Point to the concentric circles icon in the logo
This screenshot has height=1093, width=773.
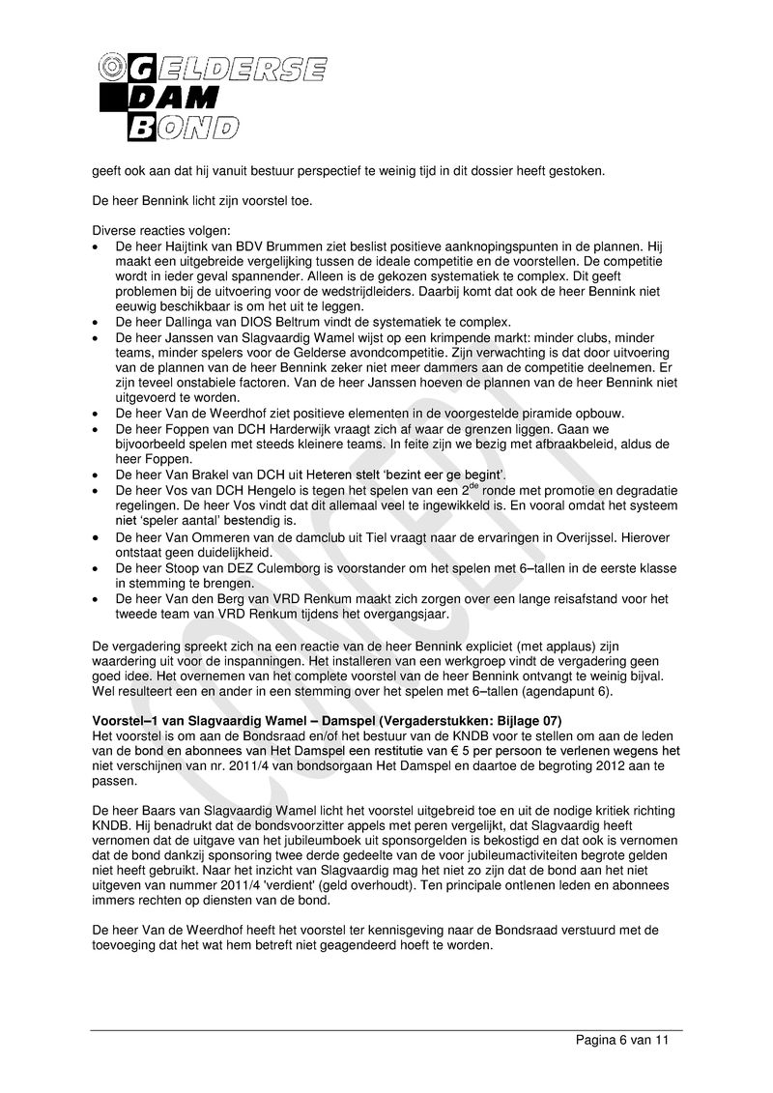(110, 67)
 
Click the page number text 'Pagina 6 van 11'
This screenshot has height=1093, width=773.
(621, 1041)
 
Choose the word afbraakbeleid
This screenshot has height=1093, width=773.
(547, 444)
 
